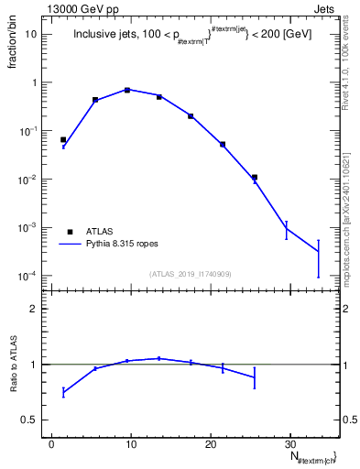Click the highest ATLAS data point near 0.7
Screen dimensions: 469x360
[127, 90]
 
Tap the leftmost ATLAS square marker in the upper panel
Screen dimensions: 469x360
[63, 140]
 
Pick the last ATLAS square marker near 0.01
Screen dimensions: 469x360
[255, 177]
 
